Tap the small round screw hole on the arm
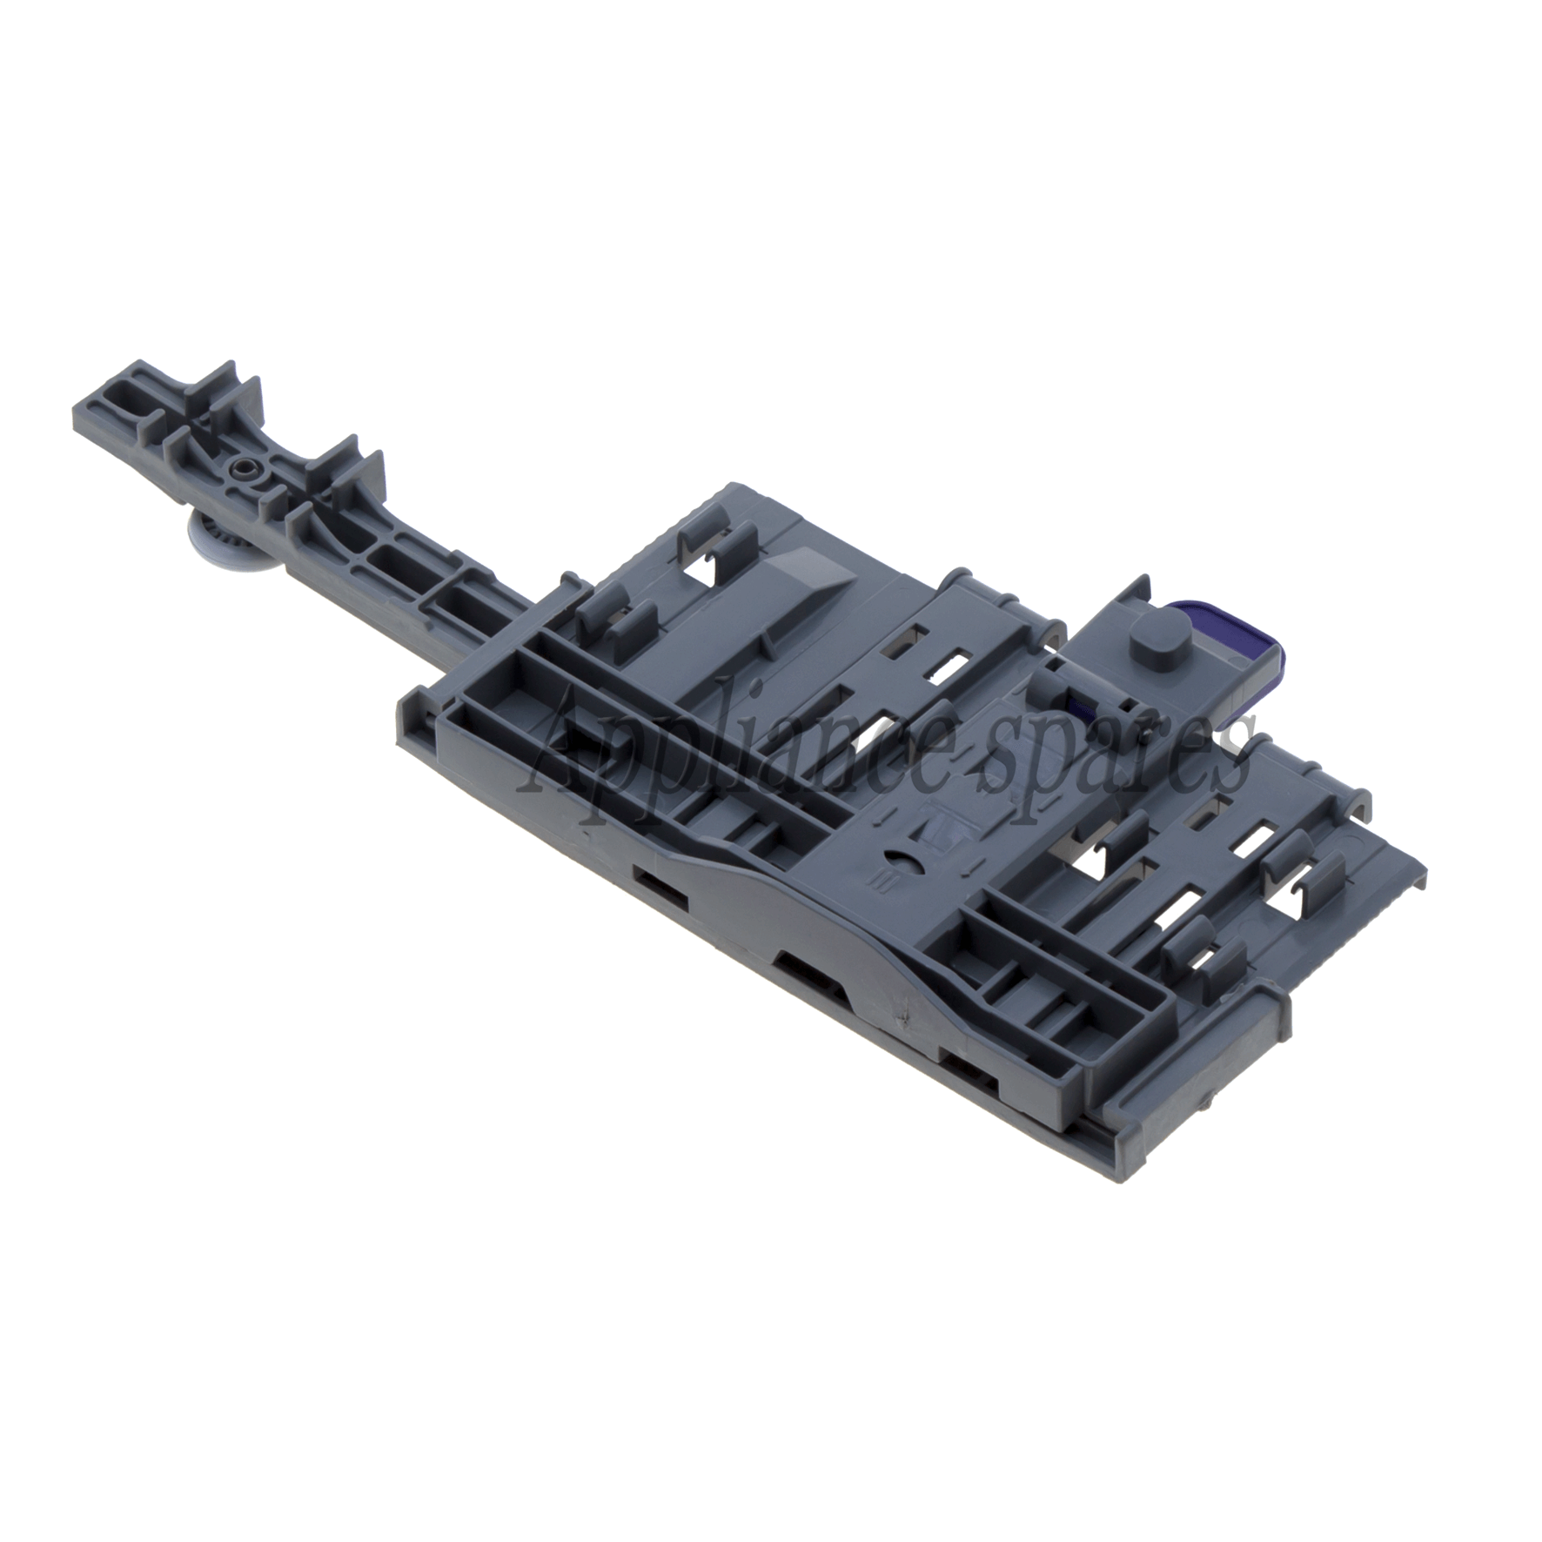coord(238,470)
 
